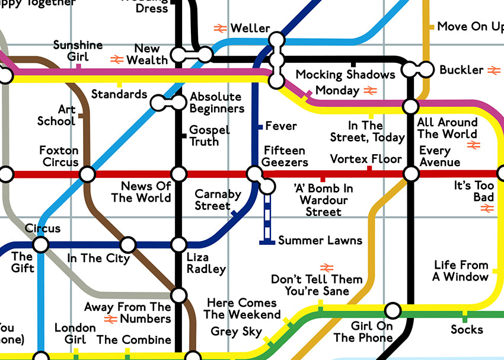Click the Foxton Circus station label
point(59,156)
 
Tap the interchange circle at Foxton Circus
point(87,174)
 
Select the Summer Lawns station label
point(320,240)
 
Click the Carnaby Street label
point(218,200)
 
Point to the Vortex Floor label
point(366,159)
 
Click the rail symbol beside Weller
point(221,28)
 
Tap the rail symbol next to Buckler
point(493,70)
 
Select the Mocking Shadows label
point(345,74)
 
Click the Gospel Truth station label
point(209,136)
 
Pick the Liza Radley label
point(206,263)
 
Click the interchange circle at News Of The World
point(179,174)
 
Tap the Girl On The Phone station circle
point(392,310)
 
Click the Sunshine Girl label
point(78,51)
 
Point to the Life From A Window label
point(461,270)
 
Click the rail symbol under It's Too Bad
point(487,208)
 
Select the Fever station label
point(281,126)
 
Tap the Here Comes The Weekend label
point(242,308)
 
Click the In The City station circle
point(128,244)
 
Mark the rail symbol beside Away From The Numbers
point(110,319)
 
